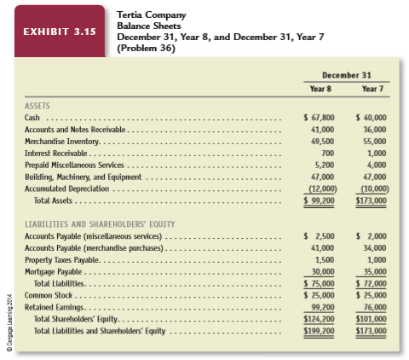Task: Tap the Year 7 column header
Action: tap(372, 88)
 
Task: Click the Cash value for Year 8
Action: tap(320, 116)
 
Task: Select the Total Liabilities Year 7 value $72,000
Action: tap(370, 282)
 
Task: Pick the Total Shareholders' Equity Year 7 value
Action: tap(370, 316)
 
